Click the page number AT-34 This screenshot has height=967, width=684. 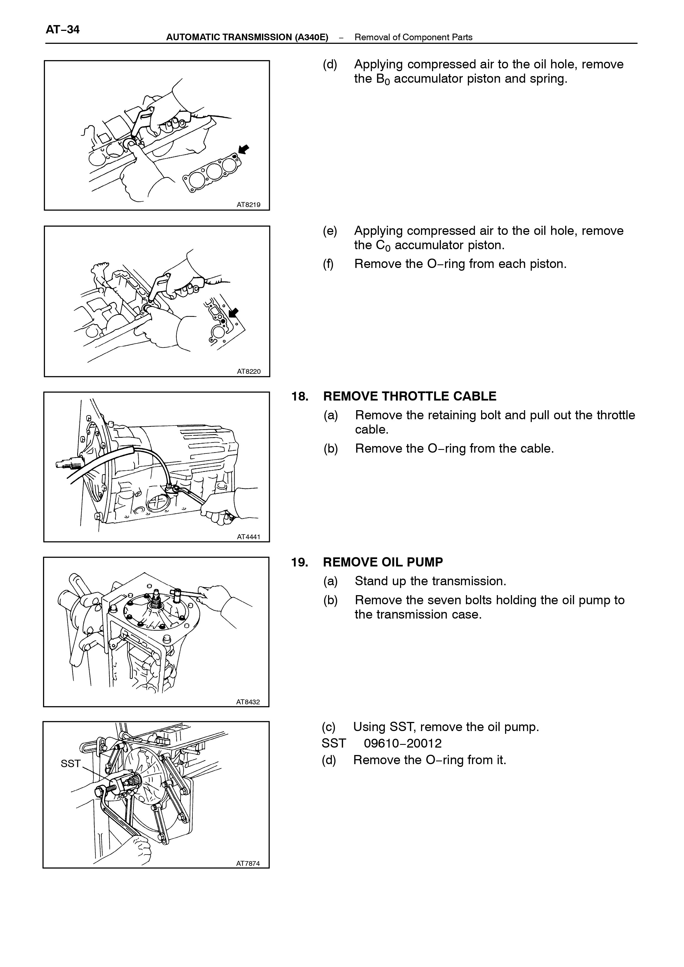62,29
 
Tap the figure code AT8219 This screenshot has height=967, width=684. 248,205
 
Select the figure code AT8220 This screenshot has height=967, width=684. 248,372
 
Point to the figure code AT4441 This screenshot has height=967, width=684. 248,537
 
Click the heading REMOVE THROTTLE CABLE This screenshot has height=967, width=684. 410,396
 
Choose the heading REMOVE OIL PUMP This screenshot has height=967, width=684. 383,562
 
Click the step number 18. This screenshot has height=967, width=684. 300,396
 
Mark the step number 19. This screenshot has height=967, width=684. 300,562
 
